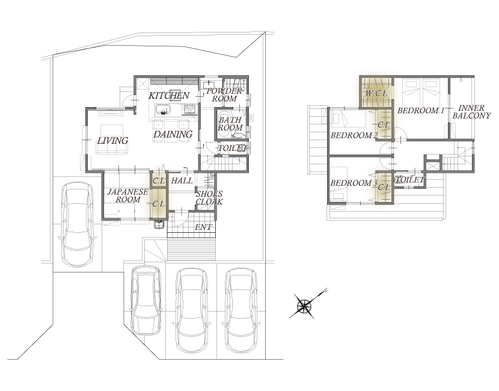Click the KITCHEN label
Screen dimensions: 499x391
169,96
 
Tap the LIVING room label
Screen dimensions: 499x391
112,140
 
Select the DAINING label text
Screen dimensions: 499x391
173,134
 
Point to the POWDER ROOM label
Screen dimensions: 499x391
224,95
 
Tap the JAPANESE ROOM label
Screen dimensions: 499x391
127,196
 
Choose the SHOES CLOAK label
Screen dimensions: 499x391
209,198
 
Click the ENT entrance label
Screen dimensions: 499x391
203,227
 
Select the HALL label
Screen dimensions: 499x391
182,180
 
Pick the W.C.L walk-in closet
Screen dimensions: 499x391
376,93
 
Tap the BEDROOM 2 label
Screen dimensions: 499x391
354,135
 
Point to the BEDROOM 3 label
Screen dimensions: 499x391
354,183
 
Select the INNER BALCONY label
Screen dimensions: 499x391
471,112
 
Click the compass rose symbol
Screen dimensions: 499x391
304,306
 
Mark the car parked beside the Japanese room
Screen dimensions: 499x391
78,224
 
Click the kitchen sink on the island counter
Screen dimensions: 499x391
164,109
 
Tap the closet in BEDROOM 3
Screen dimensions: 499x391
384,187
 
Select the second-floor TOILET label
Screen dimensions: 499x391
409,180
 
